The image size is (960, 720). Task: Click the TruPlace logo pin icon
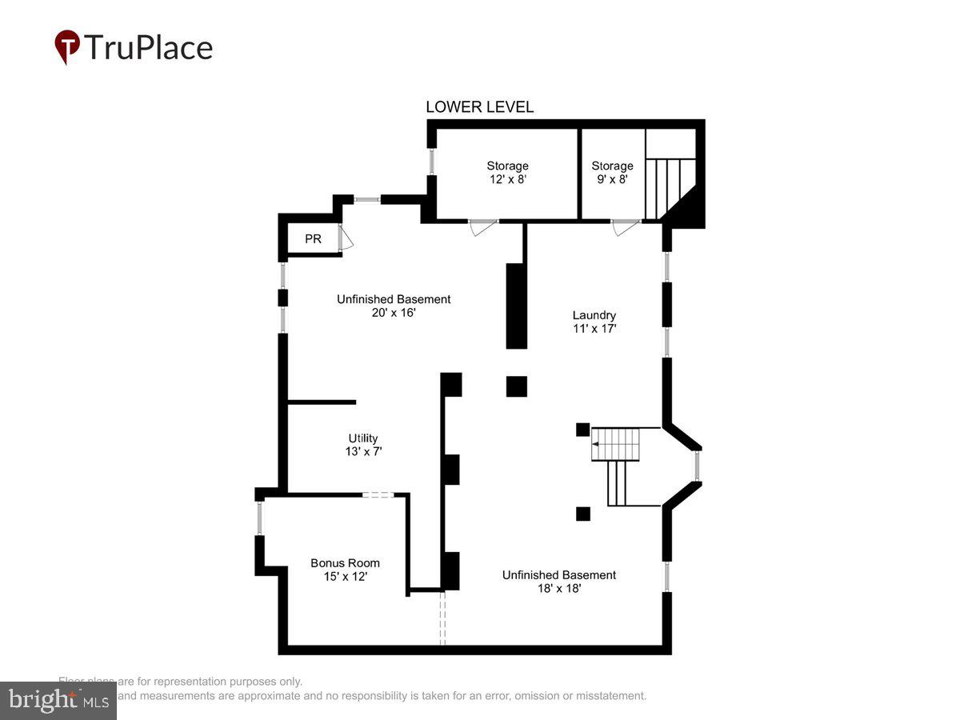[x=67, y=46]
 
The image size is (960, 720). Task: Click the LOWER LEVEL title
[x=479, y=107]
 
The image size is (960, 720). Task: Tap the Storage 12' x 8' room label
[x=507, y=173]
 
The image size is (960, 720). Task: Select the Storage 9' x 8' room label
[x=612, y=173]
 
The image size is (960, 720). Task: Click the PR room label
[x=313, y=239]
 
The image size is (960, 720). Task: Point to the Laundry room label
[x=594, y=321]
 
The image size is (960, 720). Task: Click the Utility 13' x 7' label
[x=362, y=445]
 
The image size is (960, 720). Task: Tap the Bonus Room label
[x=345, y=569]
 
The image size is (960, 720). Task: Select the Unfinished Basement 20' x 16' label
[x=393, y=306]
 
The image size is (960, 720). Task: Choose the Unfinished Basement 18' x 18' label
[x=558, y=581]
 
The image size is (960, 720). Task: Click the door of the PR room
[x=346, y=238]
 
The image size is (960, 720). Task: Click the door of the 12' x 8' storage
[x=482, y=227]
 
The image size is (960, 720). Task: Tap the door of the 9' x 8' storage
[x=626, y=227]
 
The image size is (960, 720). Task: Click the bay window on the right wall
[x=698, y=466]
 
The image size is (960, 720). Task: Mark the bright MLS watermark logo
[x=58, y=700]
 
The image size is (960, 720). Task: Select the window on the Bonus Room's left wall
[x=260, y=517]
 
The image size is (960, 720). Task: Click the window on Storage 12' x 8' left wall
[x=432, y=162]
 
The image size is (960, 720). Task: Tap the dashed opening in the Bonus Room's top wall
[x=378, y=495]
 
